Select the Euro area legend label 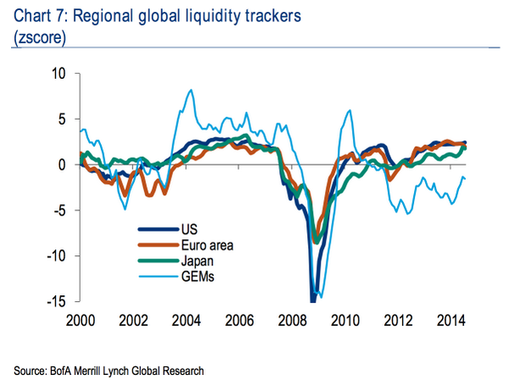pyautogui.click(x=207, y=245)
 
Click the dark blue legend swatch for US pyautogui.click(x=156, y=229)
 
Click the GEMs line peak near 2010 pyautogui.click(x=349, y=109)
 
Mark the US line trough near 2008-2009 pyautogui.click(x=312, y=299)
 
